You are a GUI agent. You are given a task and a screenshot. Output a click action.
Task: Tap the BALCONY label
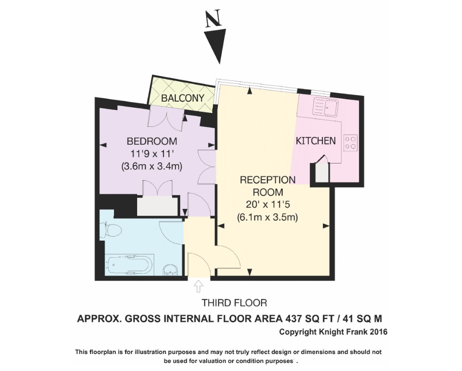click(183, 98)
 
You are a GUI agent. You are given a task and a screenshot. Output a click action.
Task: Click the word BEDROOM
click(152, 141)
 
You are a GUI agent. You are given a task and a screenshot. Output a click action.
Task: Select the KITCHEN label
click(315, 141)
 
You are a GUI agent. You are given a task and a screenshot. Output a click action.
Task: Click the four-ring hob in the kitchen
click(350, 142)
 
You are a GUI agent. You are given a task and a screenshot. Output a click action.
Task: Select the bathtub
click(129, 265)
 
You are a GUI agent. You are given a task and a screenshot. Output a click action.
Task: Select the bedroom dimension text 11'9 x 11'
click(152, 154)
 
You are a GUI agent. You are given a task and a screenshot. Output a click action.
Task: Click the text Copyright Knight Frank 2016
click(333, 332)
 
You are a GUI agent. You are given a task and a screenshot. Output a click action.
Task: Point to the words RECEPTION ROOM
click(268, 186)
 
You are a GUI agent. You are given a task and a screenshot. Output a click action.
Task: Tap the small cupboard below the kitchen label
click(321, 172)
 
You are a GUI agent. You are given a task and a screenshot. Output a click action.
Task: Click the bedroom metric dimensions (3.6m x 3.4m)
click(152, 166)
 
